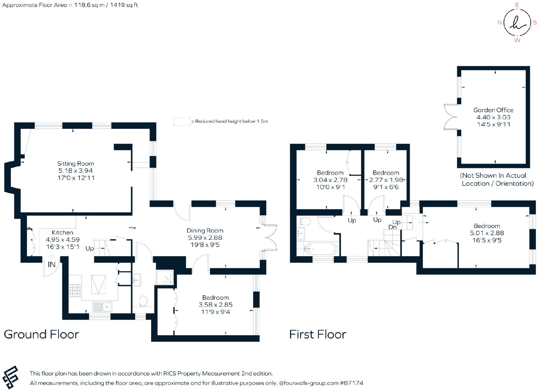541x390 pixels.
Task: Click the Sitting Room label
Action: pos(76,164)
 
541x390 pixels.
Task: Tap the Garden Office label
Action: pos(493,110)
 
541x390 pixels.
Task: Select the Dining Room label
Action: pos(205,231)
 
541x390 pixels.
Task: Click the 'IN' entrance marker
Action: pos(52,265)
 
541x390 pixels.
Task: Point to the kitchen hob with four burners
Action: pos(75,291)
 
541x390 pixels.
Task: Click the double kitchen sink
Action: pos(102,307)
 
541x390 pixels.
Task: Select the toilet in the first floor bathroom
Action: pos(306,221)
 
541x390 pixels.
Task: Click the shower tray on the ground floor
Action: pos(165,277)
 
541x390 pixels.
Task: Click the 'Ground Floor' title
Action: pos(41,335)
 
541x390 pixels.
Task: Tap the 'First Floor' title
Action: pos(317,335)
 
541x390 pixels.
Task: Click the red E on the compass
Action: pos(517,5)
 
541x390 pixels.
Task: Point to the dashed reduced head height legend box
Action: pos(182,121)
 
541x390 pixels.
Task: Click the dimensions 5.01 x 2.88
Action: pos(487,233)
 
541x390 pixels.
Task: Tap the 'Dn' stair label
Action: pos(393,227)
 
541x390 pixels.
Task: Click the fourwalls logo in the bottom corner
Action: pos(10,377)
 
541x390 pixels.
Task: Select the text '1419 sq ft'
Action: pos(124,5)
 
